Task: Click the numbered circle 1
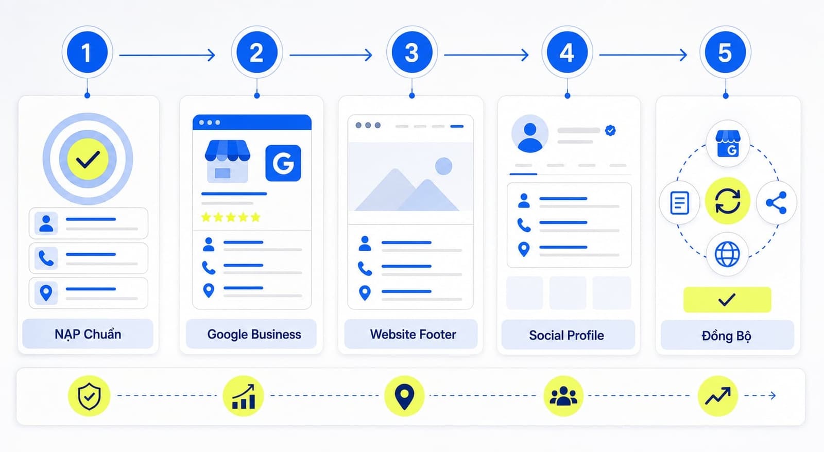[x=87, y=52]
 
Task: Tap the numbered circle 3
[x=411, y=52]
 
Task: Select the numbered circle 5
[x=725, y=52]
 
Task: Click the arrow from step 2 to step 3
[x=331, y=55]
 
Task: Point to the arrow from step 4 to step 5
[x=643, y=55]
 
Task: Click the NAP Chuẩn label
[x=88, y=334]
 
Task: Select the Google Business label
[x=254, y=334]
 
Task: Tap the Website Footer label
[x=413, y=334]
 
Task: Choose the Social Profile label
[x=566, y=335]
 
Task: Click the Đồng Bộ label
[x=727, y=336]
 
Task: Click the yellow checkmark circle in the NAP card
[x=88, y=159]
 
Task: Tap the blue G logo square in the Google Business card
[x=283, y=163]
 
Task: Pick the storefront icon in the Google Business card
[x=227, y=161]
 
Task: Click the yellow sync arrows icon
[x=727, y=201]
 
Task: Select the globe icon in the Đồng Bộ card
[x=727, y=254]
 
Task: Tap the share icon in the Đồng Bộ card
[x=776, y=203]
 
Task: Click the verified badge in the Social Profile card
[x=610, y=130]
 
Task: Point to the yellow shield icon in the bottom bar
[x=89, y=396]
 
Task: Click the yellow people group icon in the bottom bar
[x=563, y=396]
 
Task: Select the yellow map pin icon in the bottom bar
[x=404, y=396]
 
